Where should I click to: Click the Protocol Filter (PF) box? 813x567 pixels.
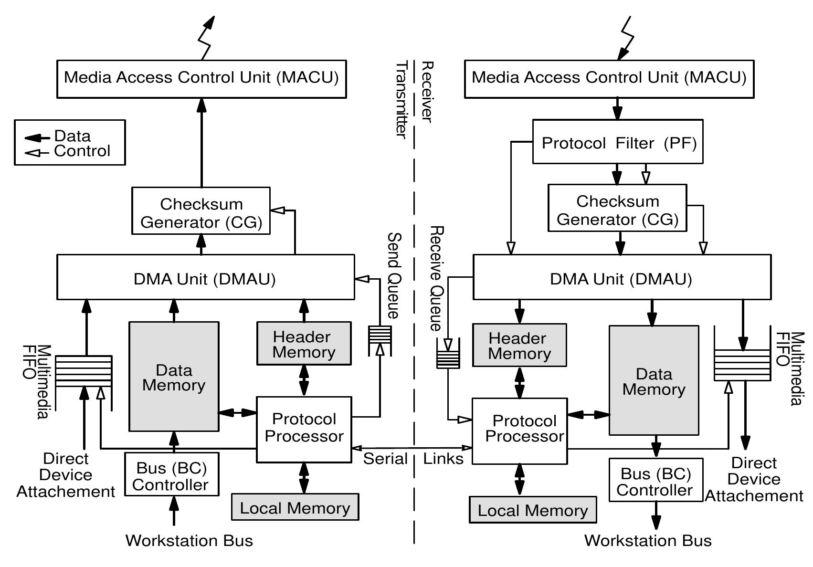[x=617, y=142]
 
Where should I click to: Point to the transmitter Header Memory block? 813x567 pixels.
[x=304, y=344]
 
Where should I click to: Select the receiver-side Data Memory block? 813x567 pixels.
[x=654, y=380]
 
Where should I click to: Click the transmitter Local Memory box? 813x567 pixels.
[x=295, y=507]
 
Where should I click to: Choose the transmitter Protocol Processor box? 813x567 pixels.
[x=304, y=429]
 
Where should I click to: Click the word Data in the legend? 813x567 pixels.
[x=72, y=136]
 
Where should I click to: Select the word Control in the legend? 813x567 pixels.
[x=82, y=151]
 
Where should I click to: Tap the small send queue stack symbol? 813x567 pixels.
[x=380, y=340]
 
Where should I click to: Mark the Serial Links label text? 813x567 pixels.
[x=413, y=459]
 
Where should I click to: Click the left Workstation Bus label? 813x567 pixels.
[x=189, y=540]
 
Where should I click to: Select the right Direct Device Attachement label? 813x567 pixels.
[x=754, y=479]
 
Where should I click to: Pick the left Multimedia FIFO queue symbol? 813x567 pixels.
[x=84, y=371]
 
